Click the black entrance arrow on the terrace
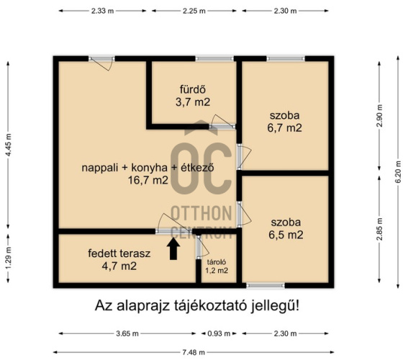coord(173,249)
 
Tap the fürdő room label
coord(193,90)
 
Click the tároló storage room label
coord(217,261)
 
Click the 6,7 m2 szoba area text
coord(285,128)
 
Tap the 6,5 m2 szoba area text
coord(286,235)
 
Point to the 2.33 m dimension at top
coord(103,11)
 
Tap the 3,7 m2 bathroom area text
coord(193,102)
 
